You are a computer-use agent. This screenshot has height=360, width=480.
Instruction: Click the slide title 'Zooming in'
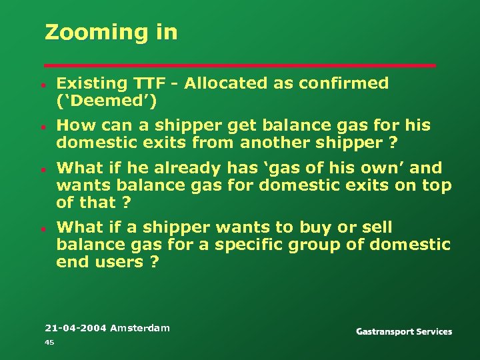coord(111,32)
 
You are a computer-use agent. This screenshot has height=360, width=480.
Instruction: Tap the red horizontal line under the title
coord(239,65)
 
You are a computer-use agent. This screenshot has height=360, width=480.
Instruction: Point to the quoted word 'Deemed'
coord(107,101)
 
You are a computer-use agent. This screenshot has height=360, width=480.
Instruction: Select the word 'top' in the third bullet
coord(437,185)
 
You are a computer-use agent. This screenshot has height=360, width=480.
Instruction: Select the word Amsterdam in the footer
coord(140,327)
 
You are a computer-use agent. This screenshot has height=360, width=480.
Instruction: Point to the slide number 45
coord(49,342)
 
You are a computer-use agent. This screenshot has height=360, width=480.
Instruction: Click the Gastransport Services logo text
coord(404,331)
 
